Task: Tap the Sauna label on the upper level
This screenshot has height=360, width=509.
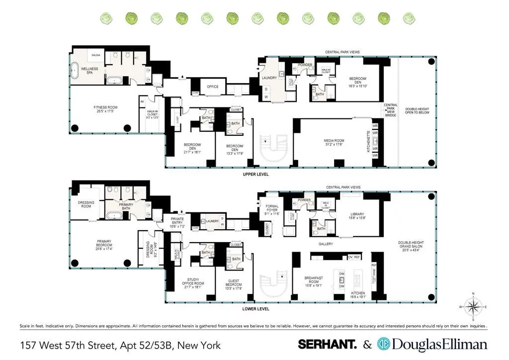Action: pos(95,56)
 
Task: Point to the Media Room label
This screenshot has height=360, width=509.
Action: pos(334,142)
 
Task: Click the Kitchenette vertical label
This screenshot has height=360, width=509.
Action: pos(368,141)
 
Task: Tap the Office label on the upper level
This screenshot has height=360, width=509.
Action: pos(213,87)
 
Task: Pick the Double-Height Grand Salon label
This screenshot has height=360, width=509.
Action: pos(411,246)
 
